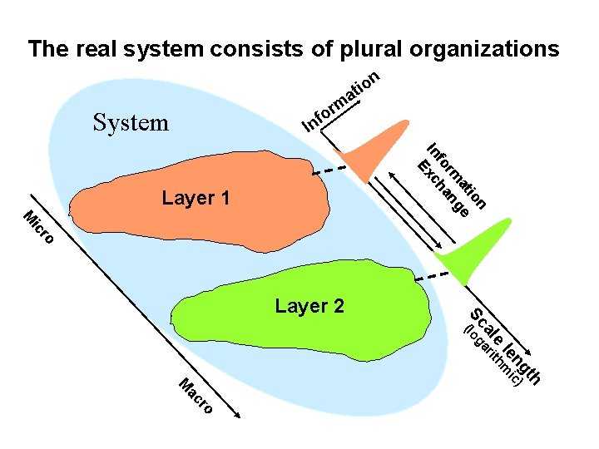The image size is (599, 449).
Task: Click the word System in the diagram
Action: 131,124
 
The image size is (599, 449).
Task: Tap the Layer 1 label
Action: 196,199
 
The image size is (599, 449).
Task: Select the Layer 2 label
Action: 309,306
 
